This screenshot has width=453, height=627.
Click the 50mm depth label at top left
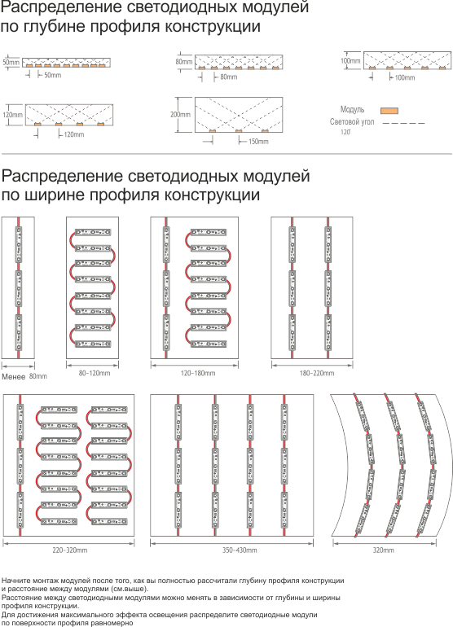coord(11,63)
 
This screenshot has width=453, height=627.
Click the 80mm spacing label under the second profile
coord(228,77)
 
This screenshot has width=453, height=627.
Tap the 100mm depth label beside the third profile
coord(350,61)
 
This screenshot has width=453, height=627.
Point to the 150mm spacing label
coord(258,142)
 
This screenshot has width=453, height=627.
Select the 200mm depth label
coord(181,115)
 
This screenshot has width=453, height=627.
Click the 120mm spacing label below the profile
coord(74,134)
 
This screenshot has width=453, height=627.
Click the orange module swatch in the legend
coord(389,111)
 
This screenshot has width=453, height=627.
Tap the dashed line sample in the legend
coord(403,123)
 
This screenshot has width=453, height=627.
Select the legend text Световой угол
coord(352,121)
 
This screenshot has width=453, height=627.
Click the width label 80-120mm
coord(95,373)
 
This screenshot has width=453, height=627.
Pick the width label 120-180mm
coord(198,373)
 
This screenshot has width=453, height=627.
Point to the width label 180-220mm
coord(317,373)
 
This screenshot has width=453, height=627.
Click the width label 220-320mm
coord(69,550)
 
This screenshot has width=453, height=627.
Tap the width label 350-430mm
coord(240,550)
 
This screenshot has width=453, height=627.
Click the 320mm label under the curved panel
coord(384,550)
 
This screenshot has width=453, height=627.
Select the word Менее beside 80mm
coord(14,377)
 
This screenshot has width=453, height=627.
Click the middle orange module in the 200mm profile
coord(239,131)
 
